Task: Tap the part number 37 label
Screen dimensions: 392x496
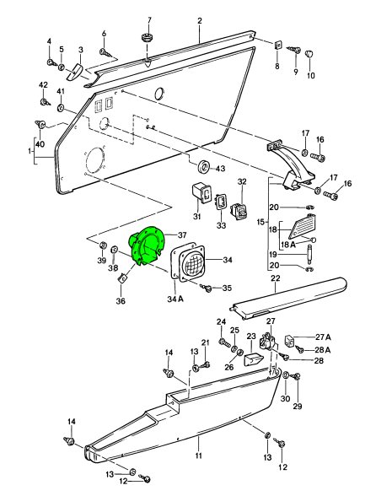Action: click(182, 235)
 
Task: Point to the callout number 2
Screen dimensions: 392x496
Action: click(200, 21)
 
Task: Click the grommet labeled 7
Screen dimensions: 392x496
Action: click(146, 37)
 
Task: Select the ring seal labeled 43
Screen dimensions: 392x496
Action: click(204, 167)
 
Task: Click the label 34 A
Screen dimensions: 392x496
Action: click(175, 299)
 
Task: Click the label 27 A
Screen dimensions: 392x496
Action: click(323, 337)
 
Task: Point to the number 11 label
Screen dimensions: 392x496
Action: click(198, 456)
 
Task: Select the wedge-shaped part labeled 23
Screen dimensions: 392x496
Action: click(254, 359)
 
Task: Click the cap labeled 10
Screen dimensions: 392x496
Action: click(309, 54)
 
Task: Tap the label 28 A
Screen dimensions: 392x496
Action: click(323, 350)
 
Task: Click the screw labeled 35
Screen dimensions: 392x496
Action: click(207, 288)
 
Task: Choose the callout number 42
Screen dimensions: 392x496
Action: click(43, 85)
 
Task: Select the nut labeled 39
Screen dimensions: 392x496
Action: click(102, 245)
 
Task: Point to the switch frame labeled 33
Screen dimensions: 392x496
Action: click(221, 202)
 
